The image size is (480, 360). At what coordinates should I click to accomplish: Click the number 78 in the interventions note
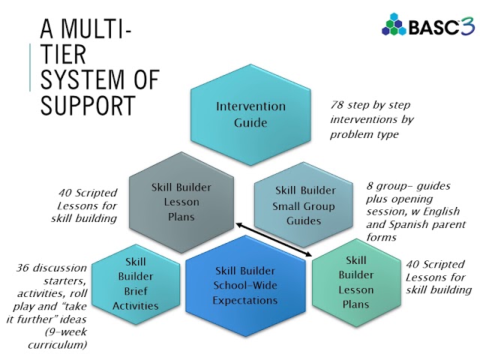click(x=340, y=105)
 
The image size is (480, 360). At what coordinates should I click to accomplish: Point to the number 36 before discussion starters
click(x=24, y=268)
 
